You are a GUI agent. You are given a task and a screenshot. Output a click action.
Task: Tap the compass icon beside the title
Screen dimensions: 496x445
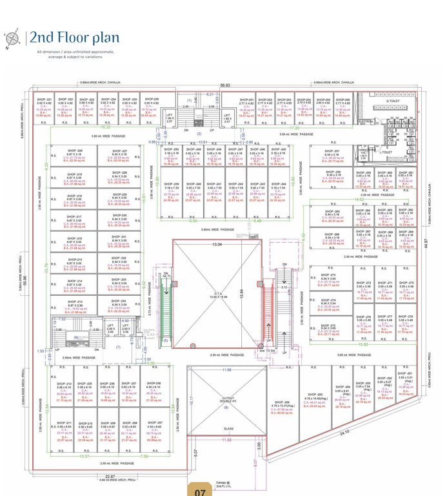[x=11, y=39]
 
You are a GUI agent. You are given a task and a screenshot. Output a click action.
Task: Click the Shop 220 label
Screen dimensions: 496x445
[x=75, y=150]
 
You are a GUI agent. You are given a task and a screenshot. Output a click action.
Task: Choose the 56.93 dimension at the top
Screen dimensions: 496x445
[x=224, y=85]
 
